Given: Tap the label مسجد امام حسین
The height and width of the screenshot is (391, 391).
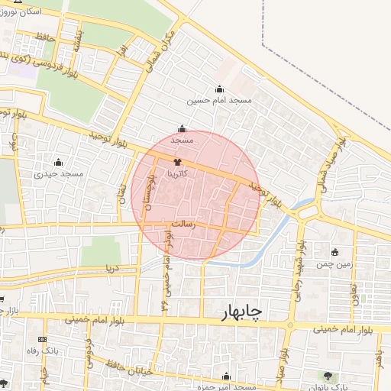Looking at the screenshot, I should (x=221, y=100).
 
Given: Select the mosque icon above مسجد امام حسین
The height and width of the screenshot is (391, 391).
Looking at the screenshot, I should (x=221, y=89).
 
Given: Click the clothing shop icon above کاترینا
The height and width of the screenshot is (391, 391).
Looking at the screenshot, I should (x=178, y=162).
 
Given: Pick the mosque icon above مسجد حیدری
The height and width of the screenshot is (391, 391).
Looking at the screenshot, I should (x=59, y=162).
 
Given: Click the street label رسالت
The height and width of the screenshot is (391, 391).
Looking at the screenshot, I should (x=183, y=225).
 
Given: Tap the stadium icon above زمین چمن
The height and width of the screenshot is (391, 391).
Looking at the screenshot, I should (x=334, y=252).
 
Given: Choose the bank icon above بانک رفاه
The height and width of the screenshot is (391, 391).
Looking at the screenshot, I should (x=42, y=340).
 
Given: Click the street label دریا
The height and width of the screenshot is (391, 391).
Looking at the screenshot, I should (x=111, y=268).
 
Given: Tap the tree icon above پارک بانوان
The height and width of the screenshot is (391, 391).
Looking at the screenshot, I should (x=328, y=375).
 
